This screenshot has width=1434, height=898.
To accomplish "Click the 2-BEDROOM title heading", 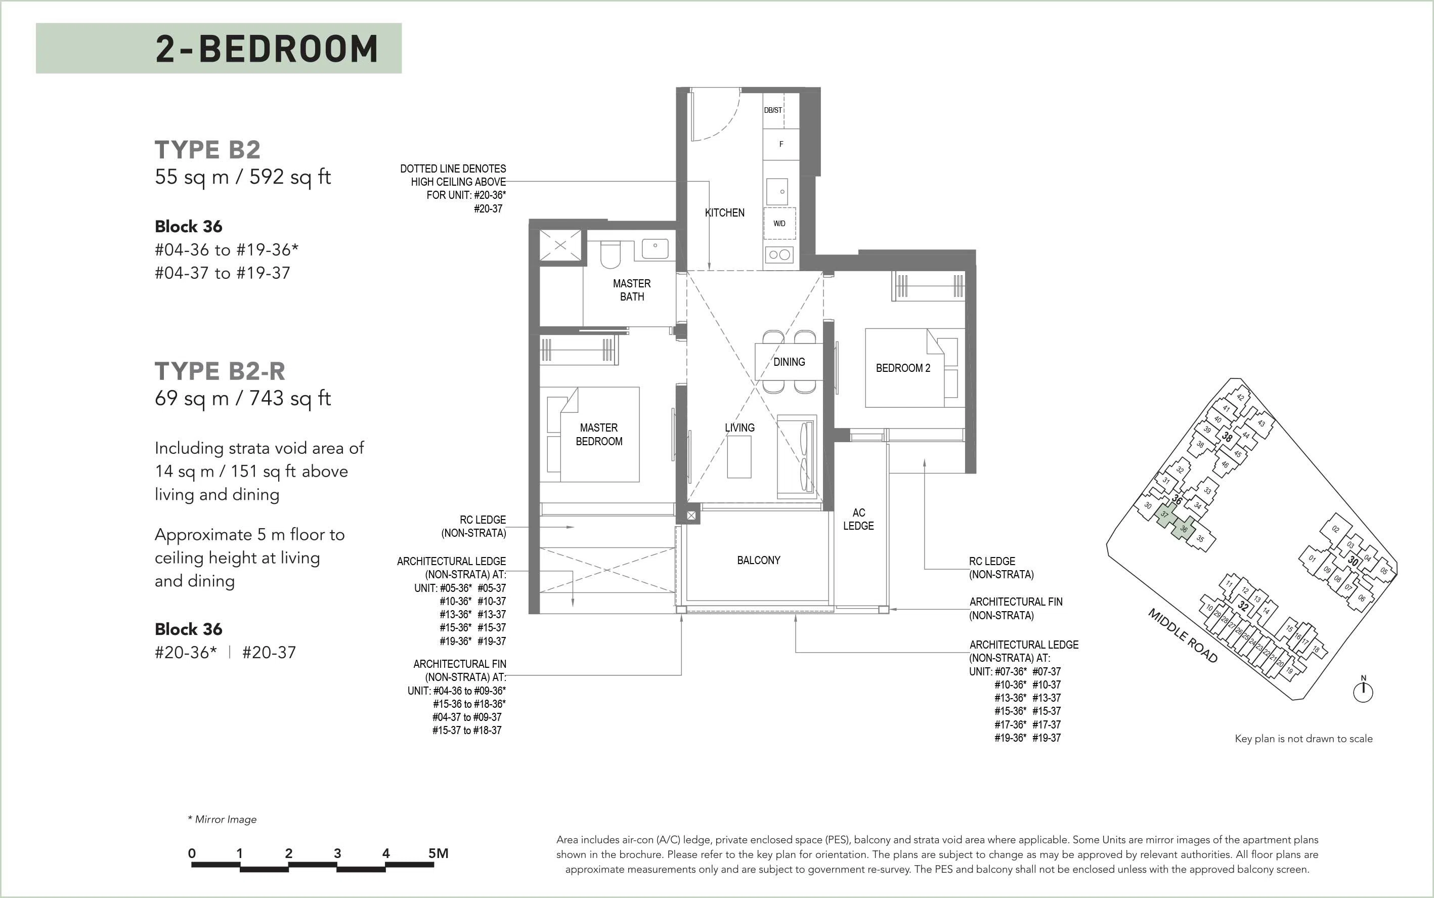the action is click(267, 49).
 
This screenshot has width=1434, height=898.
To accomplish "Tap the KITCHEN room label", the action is click(724, 212).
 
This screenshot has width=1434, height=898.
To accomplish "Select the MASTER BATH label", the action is click(632, 290).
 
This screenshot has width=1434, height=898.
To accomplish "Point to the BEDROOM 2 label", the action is click(902, 368).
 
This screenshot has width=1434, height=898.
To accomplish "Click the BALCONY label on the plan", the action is click(758, 560).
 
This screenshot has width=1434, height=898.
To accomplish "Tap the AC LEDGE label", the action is click(858, 519).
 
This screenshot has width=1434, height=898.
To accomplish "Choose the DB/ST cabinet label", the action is click(772, 110).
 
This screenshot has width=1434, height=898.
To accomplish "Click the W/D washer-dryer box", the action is click(779, 223).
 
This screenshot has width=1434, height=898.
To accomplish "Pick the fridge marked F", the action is click(781, 144).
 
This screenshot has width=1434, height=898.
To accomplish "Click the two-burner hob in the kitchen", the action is click(779, 255).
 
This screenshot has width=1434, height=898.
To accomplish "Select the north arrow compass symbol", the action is click(1363, 690).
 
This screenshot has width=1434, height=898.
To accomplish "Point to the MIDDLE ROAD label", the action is click(1183, 635).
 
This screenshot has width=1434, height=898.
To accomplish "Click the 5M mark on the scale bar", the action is click(438, 853).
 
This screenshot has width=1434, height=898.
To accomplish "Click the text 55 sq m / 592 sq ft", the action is click(243, 177).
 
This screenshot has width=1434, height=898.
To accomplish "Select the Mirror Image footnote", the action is click(222, 819).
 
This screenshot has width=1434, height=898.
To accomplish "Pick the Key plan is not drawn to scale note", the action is click(1303, 739).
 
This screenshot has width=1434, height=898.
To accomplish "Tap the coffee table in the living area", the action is click(740, 457).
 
